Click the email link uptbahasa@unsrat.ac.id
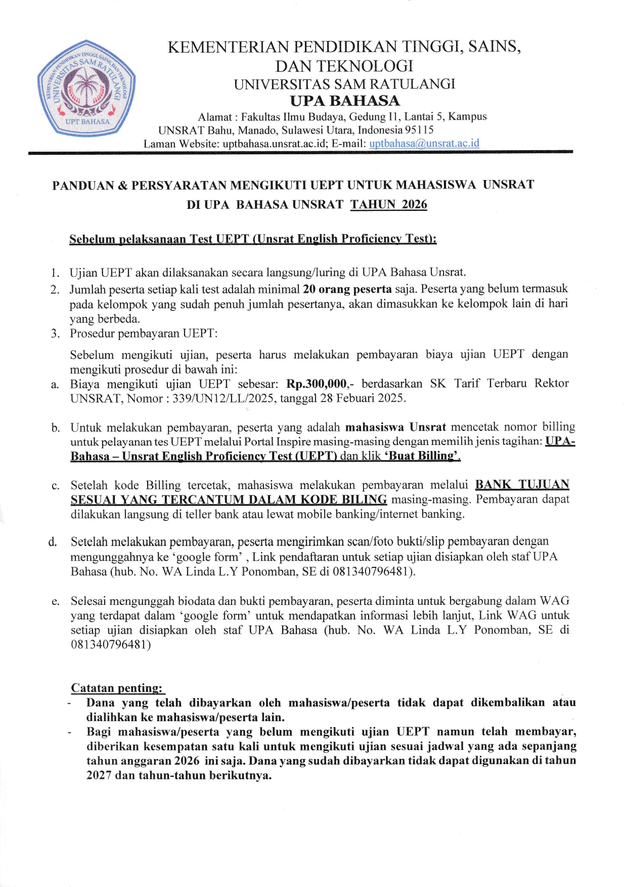click(424, 144)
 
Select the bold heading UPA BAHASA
click(345, 101)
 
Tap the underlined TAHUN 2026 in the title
click(388, 205)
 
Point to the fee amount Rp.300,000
click(317, 384)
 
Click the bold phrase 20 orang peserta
click(347, 289)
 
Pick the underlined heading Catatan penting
click(116, 688)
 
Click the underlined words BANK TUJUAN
click(522, 485)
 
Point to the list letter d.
click(53, 542)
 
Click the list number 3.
click(55, 334)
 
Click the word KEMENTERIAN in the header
click(229, 48)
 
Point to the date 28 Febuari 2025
click(362, 398)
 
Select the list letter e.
click(55, 601)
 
